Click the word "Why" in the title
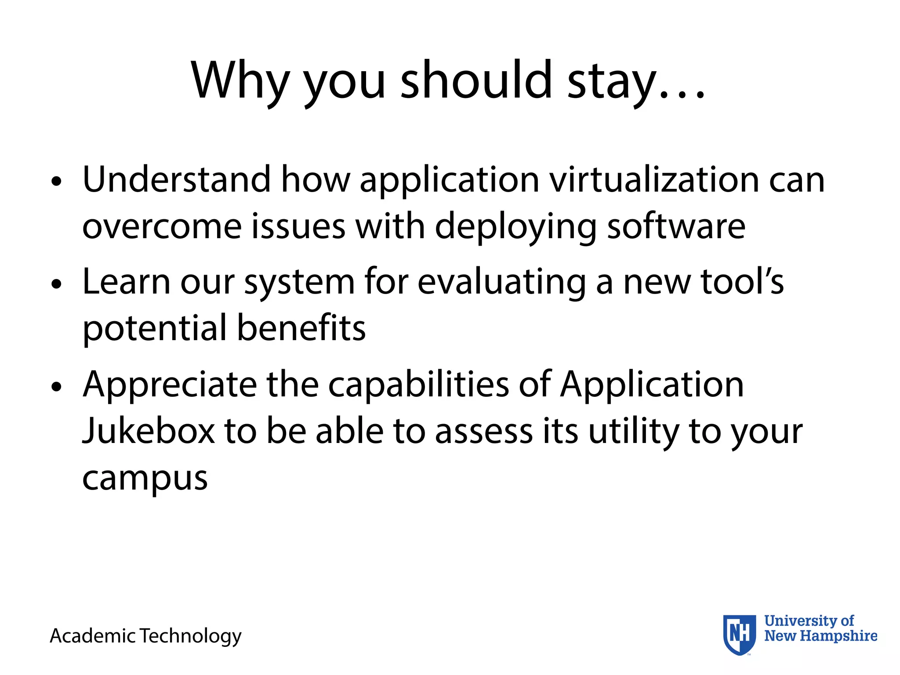click(240, 81)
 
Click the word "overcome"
click(162, 227)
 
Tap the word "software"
click(676, 226)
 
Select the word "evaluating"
click(501, 283)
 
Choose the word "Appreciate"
click(170, 385)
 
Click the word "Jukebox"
click(149, 431)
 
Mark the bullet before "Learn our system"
click(56, 284)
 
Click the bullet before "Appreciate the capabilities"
click(56, 387)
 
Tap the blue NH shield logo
click(739, 635)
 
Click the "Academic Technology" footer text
click(145, 636)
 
